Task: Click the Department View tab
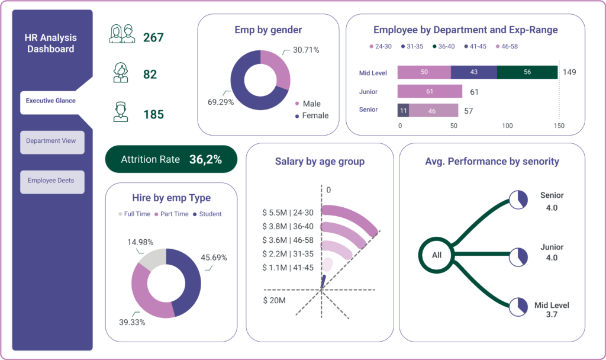click(52, 142)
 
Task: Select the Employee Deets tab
click(52, 181)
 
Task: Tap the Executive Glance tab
click(51, 101)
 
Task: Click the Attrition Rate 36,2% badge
click(171, 159)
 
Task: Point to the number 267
click(153, 38)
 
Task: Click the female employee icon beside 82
click(121, 73)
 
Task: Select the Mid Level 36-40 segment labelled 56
click(527, 72)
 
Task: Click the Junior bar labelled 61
click(429, 92)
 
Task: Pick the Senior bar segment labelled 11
click(403, 111)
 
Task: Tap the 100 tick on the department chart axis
click(507, 126)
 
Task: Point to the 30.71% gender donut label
click(307, 50)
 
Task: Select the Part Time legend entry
click(171, 214)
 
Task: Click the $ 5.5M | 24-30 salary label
click(288, 212)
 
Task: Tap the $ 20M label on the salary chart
click(275, 301)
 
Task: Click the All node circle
click(437, 255)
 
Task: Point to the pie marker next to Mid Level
click(519, 306)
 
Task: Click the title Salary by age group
click(320, 162)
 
